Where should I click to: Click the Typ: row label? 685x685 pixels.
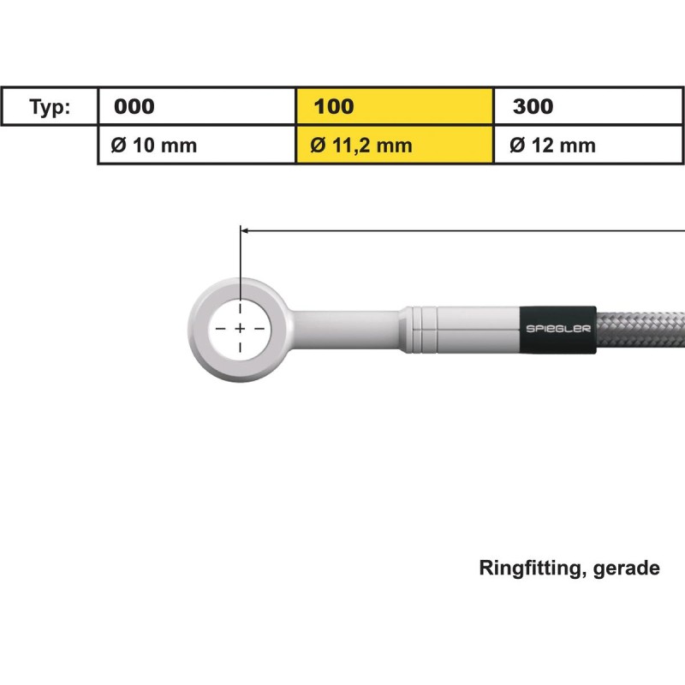click(x=50, y=107)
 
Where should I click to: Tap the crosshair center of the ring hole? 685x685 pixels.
click(x=240, y=329)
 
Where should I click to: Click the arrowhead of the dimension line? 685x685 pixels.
click(x=244, y=229)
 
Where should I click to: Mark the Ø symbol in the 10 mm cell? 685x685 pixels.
click(x=118, y=146)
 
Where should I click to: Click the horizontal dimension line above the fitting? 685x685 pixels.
click(x=462, y=229)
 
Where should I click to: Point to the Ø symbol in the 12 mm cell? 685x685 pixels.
click(x=516, y=146)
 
